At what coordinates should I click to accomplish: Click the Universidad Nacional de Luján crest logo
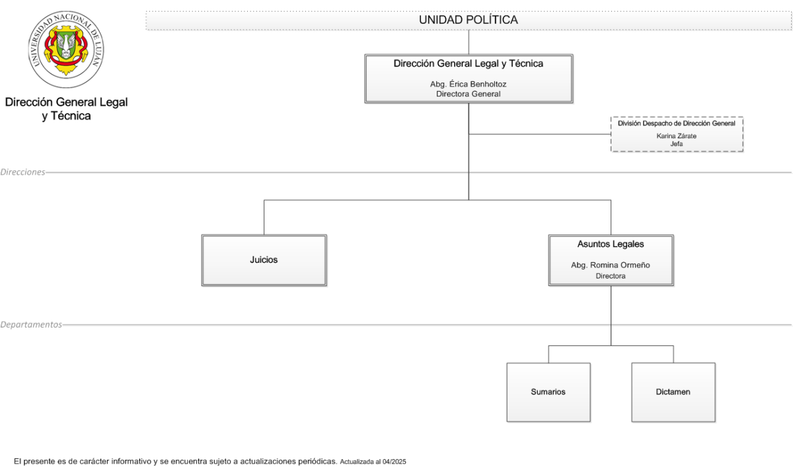pos(66,49)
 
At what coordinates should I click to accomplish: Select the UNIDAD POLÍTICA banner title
pos(469,20)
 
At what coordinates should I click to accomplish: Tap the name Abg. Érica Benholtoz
pos(469,84)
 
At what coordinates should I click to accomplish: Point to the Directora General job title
pos(469,94)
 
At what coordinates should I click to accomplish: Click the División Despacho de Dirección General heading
pos(677,124)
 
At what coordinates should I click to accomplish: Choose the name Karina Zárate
pos(677,136)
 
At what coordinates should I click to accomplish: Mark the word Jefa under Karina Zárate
pos(677,144)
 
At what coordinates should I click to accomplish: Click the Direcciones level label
pos(22,172)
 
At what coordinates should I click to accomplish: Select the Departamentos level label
pos(31,325)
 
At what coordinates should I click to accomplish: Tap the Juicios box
pos(264,260)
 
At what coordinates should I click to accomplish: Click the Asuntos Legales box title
pos(611,244)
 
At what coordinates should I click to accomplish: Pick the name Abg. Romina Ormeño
pos(611,266)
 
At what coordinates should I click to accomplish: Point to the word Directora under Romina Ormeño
pos(611,276)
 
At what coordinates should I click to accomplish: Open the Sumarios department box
pos(548,392)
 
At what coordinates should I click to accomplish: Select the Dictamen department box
pos(673,392)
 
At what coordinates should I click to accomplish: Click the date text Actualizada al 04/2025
pos(373,462)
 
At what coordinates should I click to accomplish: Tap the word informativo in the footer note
pos(131,461)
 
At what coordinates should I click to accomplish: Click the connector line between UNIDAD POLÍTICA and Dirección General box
pos(469,42)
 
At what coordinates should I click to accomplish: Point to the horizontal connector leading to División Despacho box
pos(540,134)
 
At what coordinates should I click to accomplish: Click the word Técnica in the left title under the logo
pos(71,116)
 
